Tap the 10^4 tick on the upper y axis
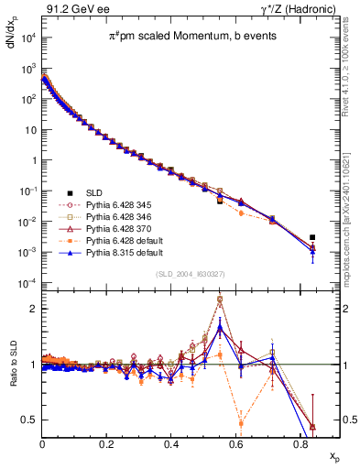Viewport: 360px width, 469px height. pos(27,38)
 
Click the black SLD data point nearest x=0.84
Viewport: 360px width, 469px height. pos(312,237)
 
